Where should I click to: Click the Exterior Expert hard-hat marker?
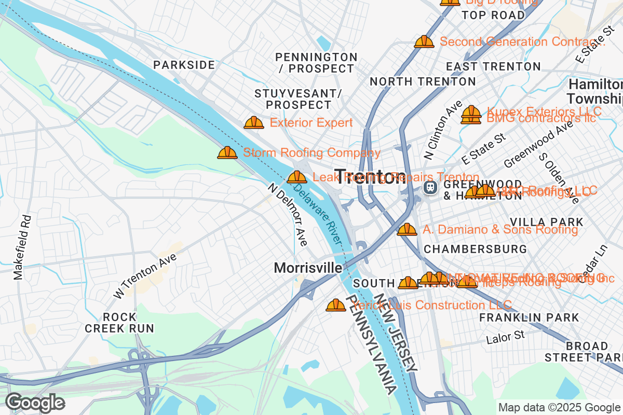[x=254, y=122]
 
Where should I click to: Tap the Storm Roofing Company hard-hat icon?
[x=227, y=153]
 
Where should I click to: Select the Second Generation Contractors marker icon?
[x=424, y=41]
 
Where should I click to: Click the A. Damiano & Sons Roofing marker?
[x=407, y=229]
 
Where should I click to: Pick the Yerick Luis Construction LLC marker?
[x=335, y=305]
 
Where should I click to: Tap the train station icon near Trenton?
[x=429, y=187]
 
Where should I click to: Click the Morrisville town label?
[x=308, y=268]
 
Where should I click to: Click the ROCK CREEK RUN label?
[x=119, y=323]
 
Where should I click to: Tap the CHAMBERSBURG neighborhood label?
[x=475, y=249]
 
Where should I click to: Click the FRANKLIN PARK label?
[x=529, y=317]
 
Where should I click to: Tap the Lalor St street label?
[x=506, y=337]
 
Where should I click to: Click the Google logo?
[x=35, y=403]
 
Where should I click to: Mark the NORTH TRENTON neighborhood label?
[x=423, y=81]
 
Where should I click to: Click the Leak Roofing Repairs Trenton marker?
[x=296, y=177]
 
